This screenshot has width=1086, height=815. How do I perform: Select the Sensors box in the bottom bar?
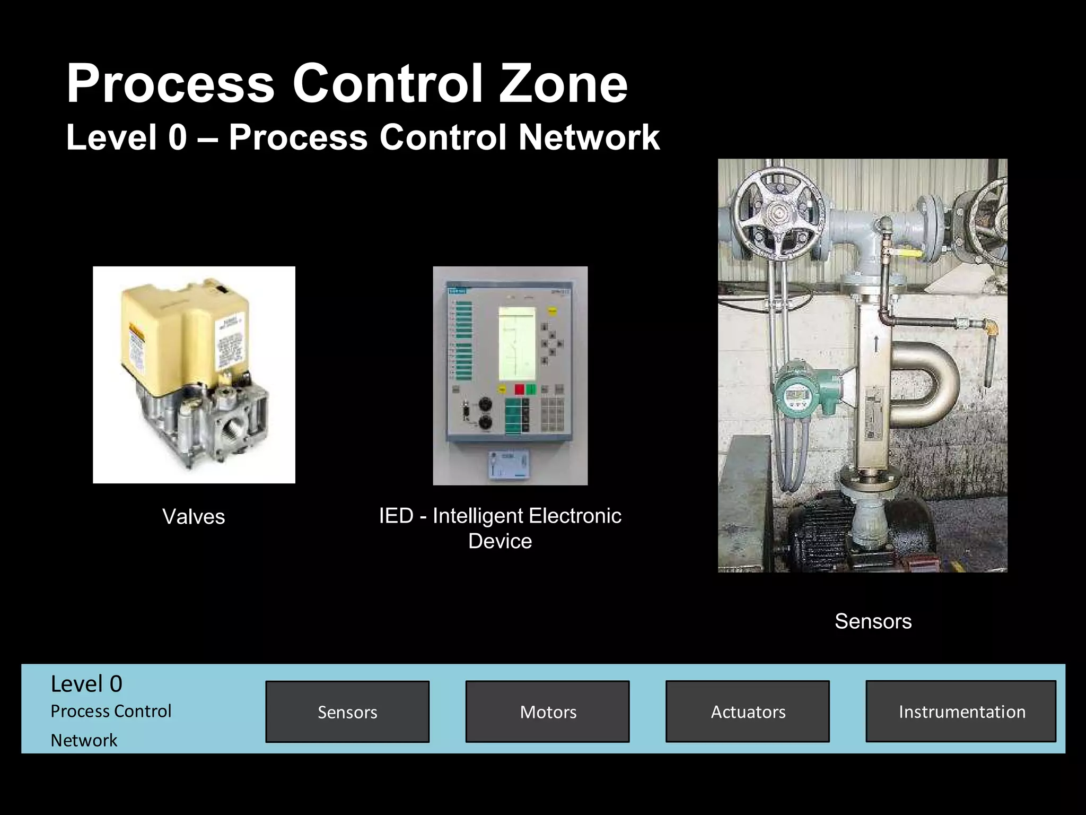347,712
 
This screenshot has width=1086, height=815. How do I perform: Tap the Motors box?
548,712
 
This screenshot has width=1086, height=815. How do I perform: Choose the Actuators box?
748,712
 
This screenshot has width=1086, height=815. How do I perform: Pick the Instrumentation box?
961,712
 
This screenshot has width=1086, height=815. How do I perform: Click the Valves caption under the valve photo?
194,517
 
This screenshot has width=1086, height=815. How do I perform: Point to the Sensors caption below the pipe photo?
873,621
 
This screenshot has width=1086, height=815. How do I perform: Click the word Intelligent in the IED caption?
478,516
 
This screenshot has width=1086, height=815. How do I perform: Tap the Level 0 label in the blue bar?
86,684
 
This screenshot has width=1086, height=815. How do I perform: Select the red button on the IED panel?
519,389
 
